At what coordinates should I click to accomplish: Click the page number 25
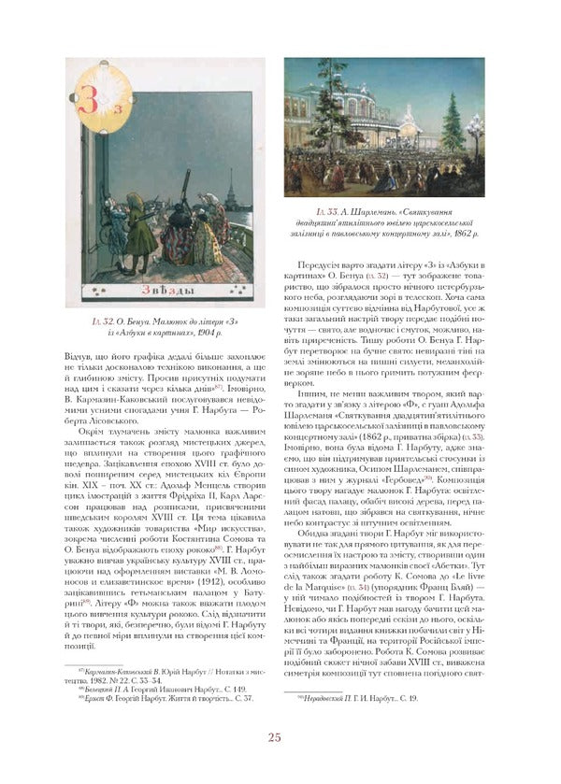274,763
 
